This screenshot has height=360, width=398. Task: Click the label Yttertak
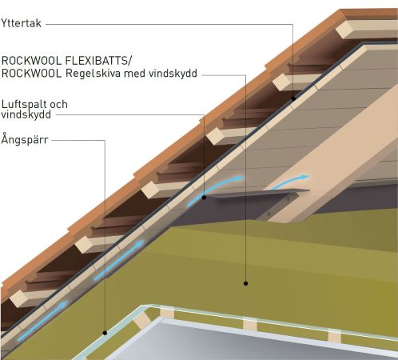[x=22, y=23]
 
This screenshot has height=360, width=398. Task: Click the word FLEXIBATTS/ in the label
[x=98, y=61]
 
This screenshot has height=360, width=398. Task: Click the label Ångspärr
[x=25, y=139]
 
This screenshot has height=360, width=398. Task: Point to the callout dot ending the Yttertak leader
[x=293, y=98]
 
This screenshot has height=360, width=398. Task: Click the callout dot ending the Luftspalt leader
[x=204, y=198]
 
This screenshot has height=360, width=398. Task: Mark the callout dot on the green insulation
[x=245, y=283]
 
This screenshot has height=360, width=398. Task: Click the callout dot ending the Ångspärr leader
[x=105, y=333]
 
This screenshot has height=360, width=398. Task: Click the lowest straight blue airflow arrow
[x=42, y=321]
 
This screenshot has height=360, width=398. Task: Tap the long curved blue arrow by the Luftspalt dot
[x=214, y=190]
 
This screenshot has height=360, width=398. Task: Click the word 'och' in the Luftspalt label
[x=58, y=104]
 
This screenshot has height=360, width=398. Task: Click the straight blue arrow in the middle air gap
[x=119, y=260]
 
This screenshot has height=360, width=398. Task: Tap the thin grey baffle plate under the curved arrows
[x=257, y=193]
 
